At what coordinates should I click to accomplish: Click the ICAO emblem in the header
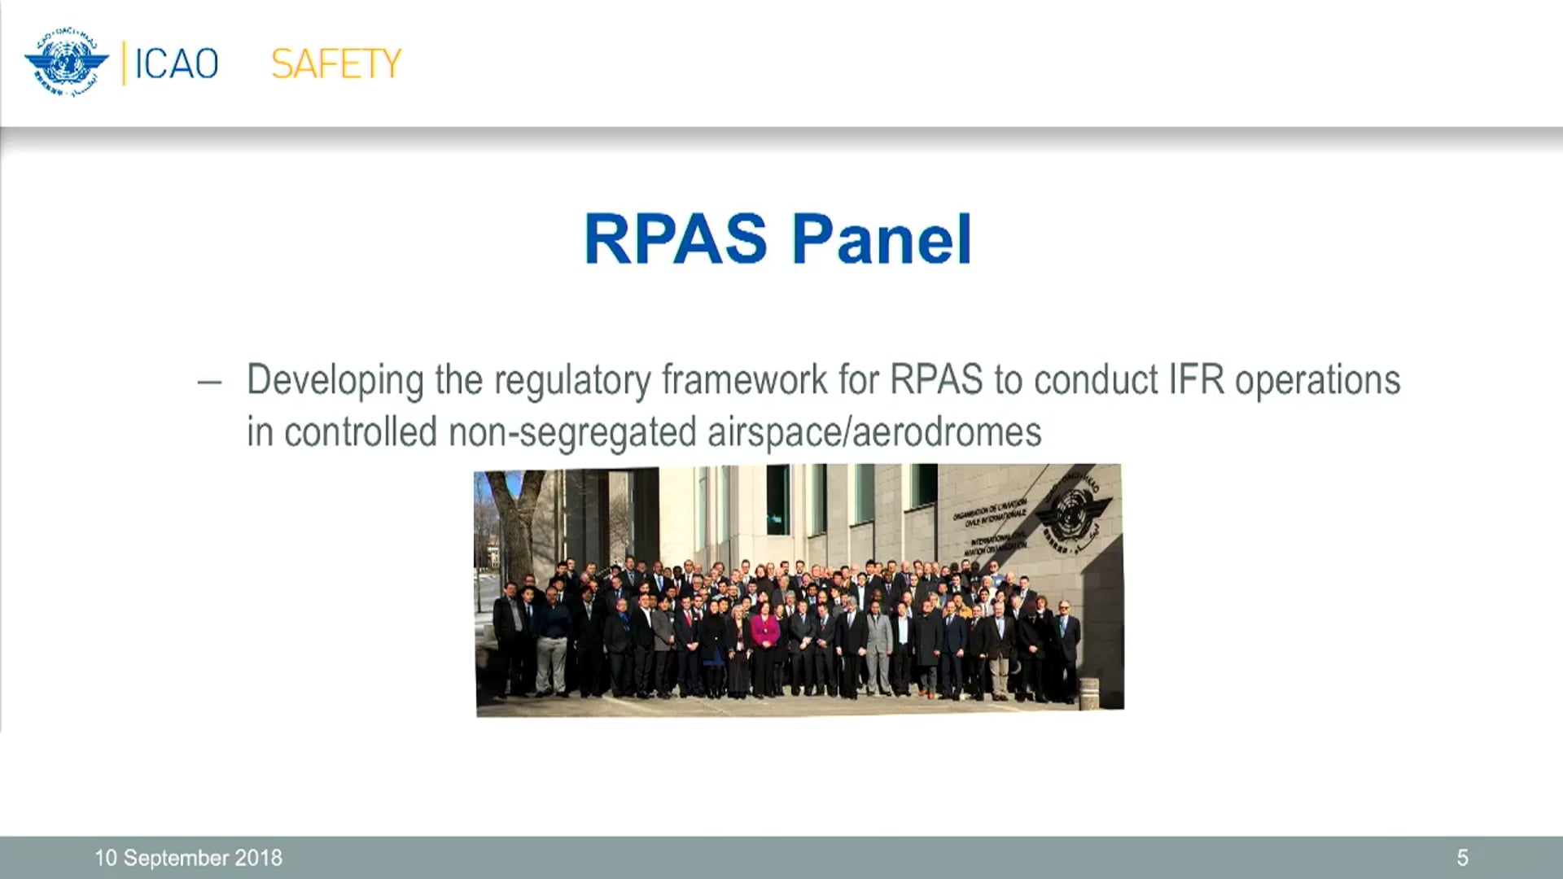66,63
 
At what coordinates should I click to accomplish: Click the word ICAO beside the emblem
176,64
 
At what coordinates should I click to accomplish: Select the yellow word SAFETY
336,64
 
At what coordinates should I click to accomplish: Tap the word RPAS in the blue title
676,239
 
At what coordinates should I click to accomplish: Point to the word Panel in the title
882,239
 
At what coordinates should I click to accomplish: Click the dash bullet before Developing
209,382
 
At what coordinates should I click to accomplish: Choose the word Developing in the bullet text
335,381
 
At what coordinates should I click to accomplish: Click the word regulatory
572,381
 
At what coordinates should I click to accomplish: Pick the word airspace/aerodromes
874,432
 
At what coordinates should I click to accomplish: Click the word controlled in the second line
361,432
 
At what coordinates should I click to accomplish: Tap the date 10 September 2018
188,858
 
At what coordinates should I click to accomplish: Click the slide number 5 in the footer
1462,858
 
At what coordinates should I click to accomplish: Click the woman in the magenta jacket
764,643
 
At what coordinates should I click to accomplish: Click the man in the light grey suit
878,643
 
